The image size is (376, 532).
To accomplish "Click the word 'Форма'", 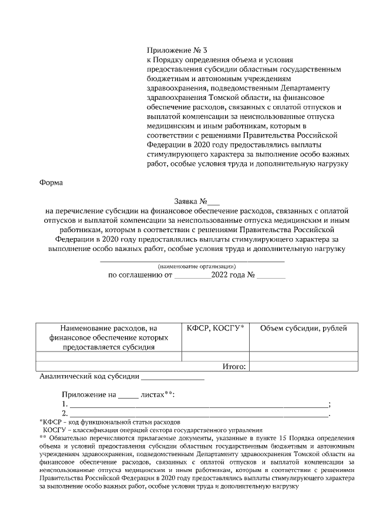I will pyautogui.click(x=50, y=182).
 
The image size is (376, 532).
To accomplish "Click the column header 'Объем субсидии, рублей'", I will pyautogui.click(x=303, y=328).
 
